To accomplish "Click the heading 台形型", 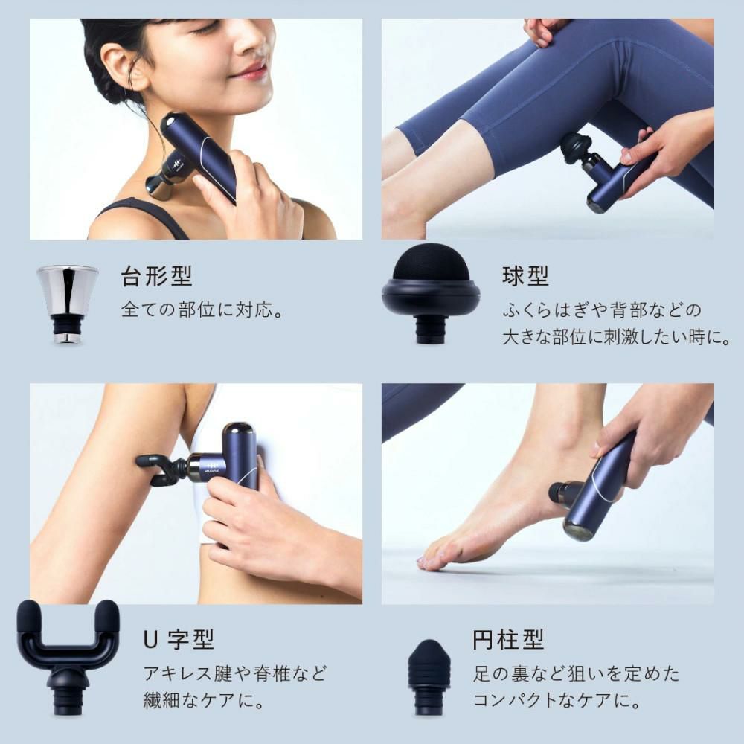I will pyautogui.click(x=156, y=277).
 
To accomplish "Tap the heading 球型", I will pyautogui.click(x=525, y=277).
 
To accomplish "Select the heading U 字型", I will pyautogui.click(x=179, y=638).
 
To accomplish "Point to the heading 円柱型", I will pyautogui.click(x=508, y=638).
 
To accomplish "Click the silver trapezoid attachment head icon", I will pyautogui.click(x=67, y=301).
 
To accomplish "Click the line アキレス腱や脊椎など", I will pyautogui.click(x=234, y=673).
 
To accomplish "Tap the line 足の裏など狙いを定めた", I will pyautogui.click(x=576, y=673).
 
